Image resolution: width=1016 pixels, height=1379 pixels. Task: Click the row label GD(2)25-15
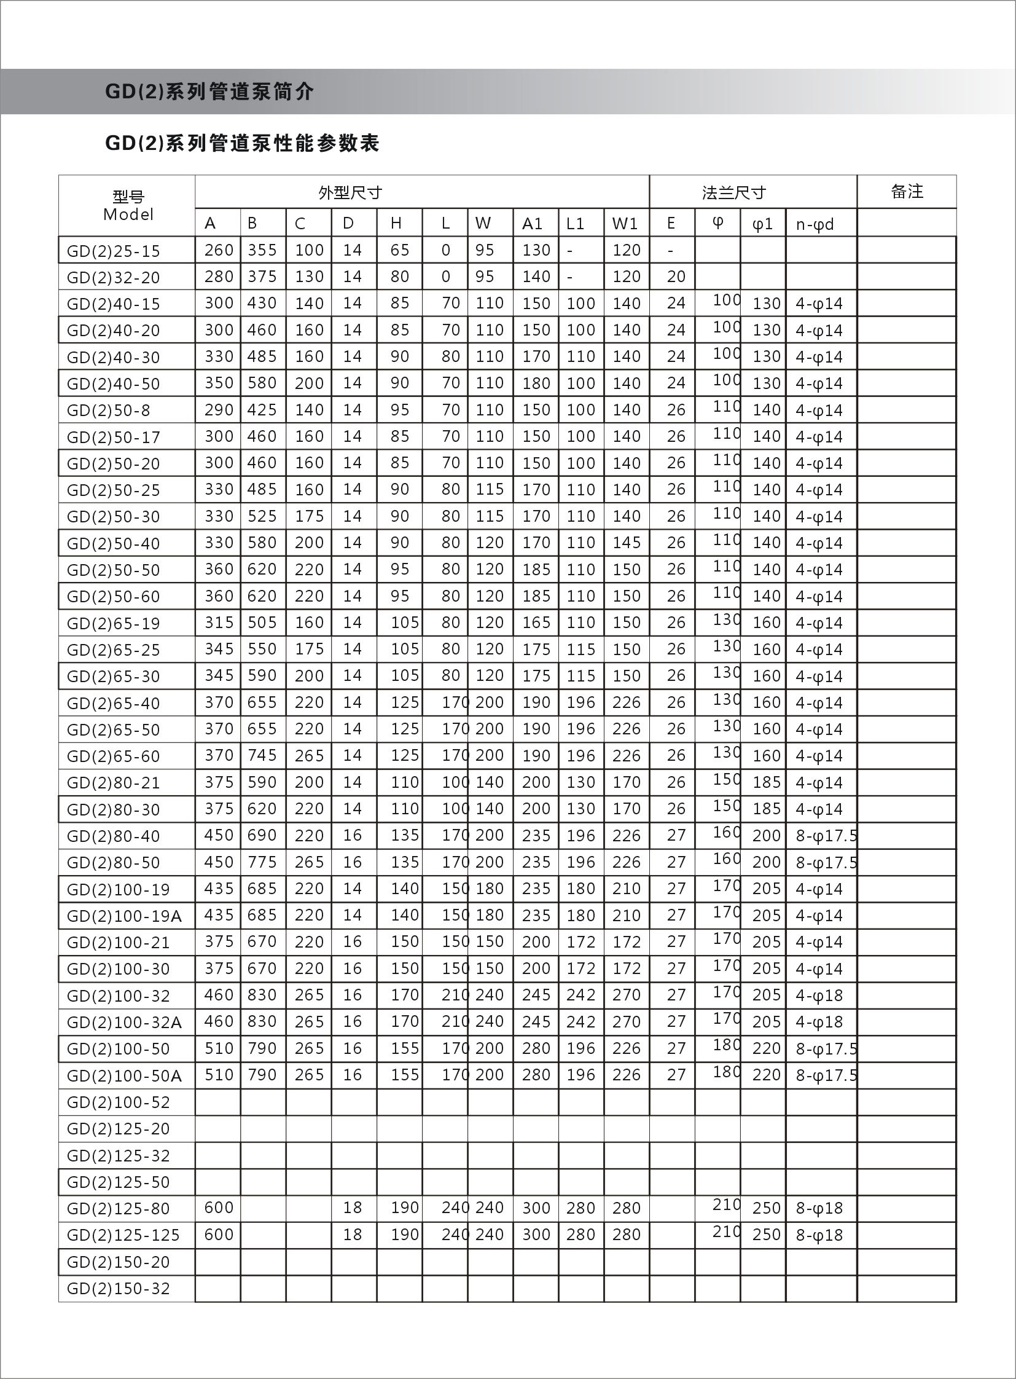pos(113,251)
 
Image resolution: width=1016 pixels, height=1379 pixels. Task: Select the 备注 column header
pos(907,192)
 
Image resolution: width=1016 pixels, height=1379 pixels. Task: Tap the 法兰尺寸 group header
pos(733,193)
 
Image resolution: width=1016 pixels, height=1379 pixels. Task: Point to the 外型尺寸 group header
pos(350,193)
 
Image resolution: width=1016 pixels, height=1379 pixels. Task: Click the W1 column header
pos(625,224)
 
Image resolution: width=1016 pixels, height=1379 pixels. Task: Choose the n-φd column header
pos(815,224)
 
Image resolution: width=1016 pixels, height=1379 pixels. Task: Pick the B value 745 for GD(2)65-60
pos(262,755)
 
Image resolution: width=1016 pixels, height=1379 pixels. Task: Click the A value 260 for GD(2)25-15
pos(219,251)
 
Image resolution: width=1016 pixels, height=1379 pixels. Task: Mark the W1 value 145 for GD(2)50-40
pos(626,543)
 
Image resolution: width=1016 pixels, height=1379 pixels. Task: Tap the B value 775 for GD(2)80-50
pos(262,862)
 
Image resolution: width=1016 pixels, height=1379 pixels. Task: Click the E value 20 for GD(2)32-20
pos(676,277)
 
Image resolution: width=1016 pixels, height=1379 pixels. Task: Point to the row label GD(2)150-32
pos(118,1288)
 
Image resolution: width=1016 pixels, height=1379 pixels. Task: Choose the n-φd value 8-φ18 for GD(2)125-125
pos(819,1235)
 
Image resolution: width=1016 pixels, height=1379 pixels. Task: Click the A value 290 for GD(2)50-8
pos(219,410)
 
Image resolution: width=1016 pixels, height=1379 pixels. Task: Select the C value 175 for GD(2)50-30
pos(309,516)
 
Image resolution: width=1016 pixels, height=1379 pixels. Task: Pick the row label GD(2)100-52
pos(118,1102)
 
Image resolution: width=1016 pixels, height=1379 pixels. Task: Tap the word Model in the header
pos(128,214)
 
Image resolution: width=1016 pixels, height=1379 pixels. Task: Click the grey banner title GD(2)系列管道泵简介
pos(209,92)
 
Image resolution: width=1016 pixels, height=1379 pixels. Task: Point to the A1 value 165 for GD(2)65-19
pos(536,623)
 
